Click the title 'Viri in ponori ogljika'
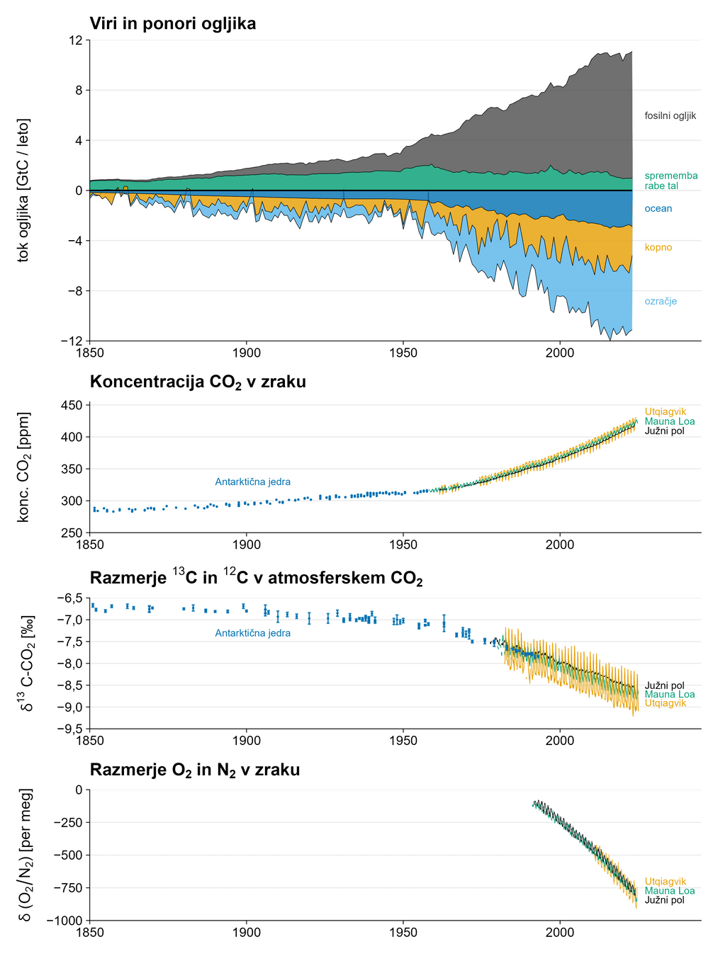172,23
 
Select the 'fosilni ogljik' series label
670,115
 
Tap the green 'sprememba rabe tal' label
671,181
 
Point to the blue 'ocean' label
658,208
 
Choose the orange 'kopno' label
658,247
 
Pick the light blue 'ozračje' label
661,301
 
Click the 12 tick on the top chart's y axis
75,40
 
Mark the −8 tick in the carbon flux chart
73,290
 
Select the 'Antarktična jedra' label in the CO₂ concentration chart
252,482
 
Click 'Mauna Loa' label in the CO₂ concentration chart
669,421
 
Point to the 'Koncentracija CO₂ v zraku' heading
198,382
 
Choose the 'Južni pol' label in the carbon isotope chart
664,685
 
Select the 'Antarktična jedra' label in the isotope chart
252,633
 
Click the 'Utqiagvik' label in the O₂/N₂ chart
665,882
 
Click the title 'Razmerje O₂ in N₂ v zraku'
194,770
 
